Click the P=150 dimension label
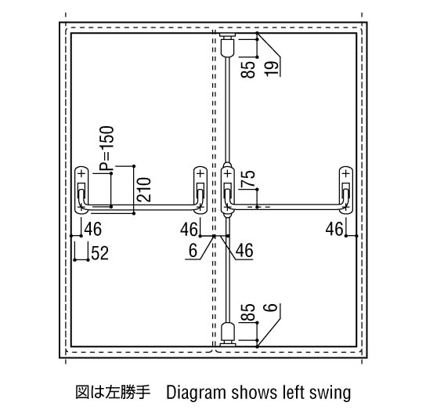tap(106, 148)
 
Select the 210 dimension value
tap(144, 190)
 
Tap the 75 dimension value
tap(248, 178)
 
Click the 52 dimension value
tap(100, 253)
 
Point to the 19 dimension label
tap(273, 68)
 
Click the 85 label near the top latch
tap(248, 69)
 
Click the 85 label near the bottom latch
tap(248, 312)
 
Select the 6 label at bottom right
tap(271, 307)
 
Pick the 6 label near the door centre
tap(193, 250)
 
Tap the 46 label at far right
tap(334, 229)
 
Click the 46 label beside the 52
tap(93, 229)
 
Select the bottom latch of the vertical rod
tap(228, 335)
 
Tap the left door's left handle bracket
tap(81, 190)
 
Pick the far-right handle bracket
tap(346, 190)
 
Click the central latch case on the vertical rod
tap(228, 190)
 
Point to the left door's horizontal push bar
tap(141, 208)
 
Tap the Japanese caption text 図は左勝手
tap(113, 393)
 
